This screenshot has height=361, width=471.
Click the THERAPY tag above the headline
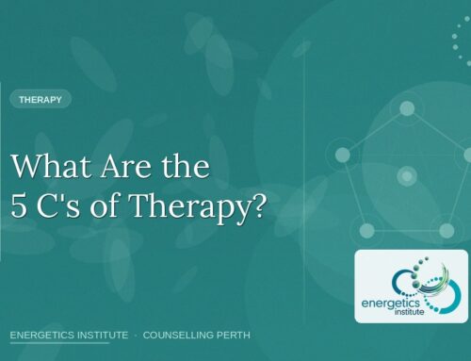click(40, 98)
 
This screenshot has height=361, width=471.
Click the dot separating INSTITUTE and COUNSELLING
click(136, 335)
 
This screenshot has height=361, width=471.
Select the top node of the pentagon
click(407, 108)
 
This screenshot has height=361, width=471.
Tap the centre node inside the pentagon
click(407, 175)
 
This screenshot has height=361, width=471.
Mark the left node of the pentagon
click(343, 155)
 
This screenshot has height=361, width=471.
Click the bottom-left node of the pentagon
click(367, 229)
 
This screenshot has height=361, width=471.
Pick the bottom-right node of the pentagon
click(447, 229)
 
